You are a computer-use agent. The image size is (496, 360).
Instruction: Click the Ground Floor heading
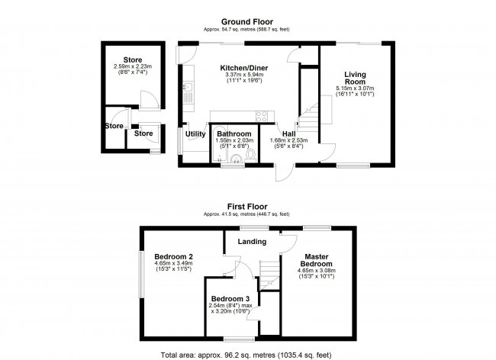247,22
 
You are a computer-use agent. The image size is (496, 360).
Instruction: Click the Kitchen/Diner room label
244,68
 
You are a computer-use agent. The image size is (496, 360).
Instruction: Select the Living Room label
355,78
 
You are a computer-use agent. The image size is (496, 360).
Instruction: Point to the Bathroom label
234,134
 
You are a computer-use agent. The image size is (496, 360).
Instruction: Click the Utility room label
195,134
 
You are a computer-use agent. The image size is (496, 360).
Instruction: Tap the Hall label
288,134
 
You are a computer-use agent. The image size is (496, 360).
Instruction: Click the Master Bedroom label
317,260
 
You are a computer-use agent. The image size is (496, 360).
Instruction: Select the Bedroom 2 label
173,256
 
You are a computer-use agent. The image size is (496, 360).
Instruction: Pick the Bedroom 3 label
230,299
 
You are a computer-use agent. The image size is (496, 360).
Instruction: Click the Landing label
252,242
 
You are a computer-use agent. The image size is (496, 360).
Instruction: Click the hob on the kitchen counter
262,116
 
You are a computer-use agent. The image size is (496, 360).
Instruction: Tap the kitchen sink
188,87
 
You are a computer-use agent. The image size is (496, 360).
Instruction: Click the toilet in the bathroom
250,156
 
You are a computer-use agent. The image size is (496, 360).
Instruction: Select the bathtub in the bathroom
219,145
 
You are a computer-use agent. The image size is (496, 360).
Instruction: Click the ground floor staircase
308,117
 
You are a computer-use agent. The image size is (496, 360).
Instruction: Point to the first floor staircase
270,274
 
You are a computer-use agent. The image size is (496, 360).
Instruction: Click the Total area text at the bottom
246,355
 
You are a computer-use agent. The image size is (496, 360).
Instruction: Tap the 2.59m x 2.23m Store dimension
133,66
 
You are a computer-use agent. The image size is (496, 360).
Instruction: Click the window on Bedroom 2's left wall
142,275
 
